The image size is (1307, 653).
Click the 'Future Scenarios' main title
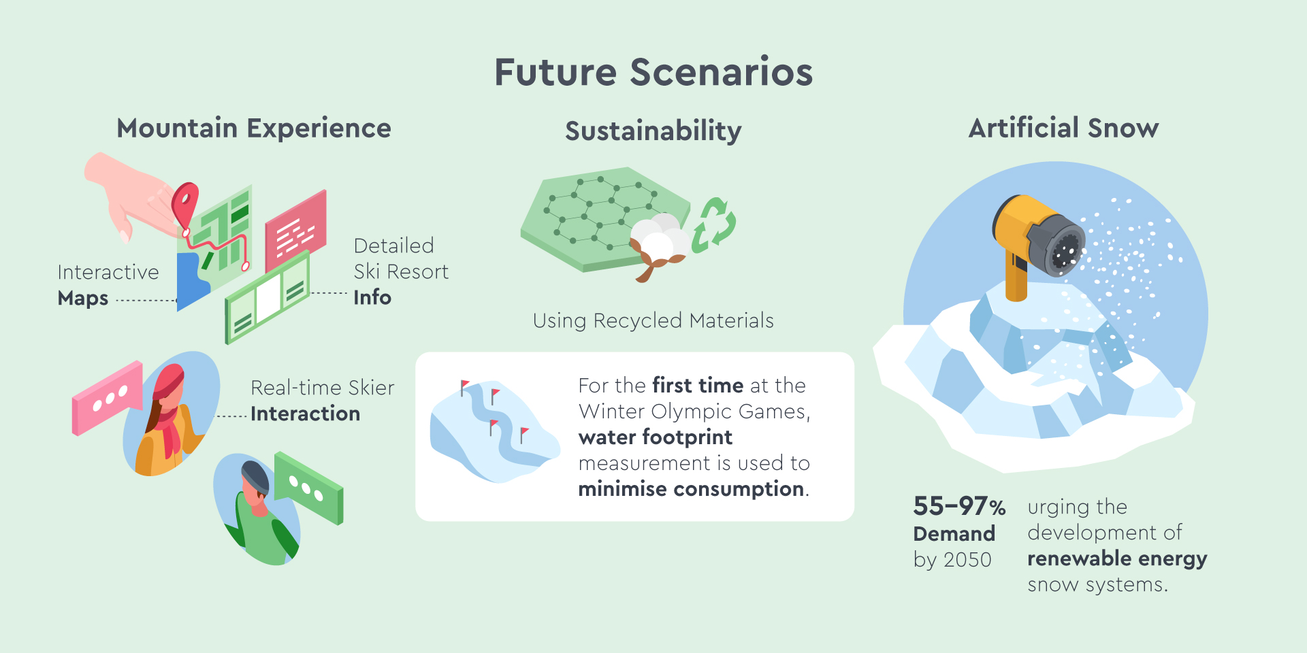pos(653,72)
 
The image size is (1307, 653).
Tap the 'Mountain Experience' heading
pos(254,129)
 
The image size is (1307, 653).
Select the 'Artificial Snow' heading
pos(1063,128)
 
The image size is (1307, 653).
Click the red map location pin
pos(184,204)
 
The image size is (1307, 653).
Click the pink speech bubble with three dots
pos(108,398)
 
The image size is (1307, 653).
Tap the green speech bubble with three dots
pos(308,487)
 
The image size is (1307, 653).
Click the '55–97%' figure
pos(959,506)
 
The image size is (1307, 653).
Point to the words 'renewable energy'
pos(1117,558)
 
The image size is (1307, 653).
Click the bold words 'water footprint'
pos(655,437)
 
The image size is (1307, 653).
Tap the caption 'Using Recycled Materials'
pos(653,320)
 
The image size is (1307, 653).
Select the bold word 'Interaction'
pos(305,414)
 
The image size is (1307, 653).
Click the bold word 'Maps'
pos(83,299)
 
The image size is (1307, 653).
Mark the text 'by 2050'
pos(952,560)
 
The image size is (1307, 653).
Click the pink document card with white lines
pos(295,231)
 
